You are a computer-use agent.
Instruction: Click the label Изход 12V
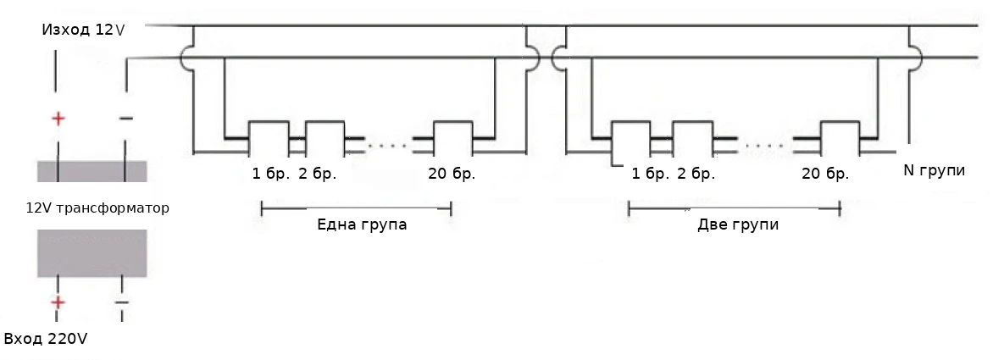click(82, 30)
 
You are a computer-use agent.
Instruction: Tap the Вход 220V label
click(46, 339)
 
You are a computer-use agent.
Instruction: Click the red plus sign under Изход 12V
click(58, 119)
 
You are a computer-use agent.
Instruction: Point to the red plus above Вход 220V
click(58, 302)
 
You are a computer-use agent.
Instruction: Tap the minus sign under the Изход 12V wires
click(125, 119)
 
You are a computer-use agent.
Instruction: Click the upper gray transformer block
click(92, 171)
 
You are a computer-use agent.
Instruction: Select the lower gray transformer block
click(92, 252)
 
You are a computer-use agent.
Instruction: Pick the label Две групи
click(737, 225)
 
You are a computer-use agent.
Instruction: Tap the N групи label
click(935, 170)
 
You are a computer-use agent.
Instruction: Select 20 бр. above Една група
click(452, 174)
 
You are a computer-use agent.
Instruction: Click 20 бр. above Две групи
click(825, 174)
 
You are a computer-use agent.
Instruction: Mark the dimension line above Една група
click(356, 208)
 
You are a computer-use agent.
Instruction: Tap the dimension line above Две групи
click(734, 208)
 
